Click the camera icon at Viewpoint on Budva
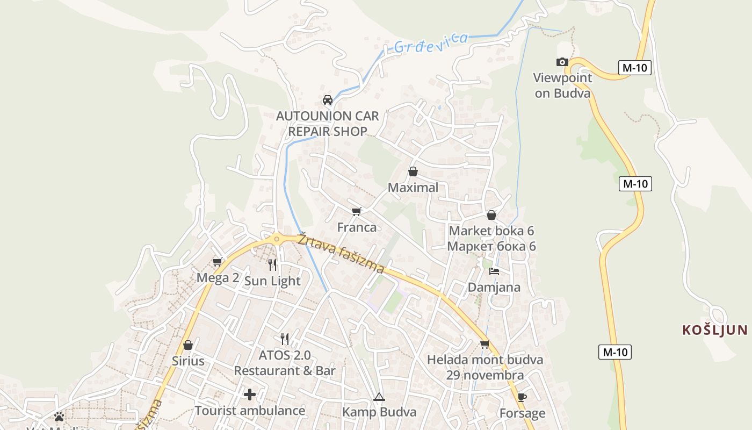[x=562, y=62]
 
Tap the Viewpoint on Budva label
[x=562, y=85]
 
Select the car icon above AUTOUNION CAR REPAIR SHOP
[x=328, y=100]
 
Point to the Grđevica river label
[x=430, y=43]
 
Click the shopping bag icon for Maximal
[x=413, y=171]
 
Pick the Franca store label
[x=357, y=227]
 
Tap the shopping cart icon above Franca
[x=357, y=211]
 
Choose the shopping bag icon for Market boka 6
[x=491, y=215]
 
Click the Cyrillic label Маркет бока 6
[x=491, y=247]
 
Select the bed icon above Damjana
[x=494, y=271]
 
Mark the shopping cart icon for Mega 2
[x=218, y=262]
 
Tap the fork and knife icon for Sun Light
[x=272, y=265]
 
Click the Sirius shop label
[x=188, y=361]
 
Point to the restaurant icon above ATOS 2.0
[x=285, y=339]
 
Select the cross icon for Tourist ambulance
[x=250, y=395]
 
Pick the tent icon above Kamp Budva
[x=379, y=397]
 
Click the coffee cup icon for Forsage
[x=522, y=398]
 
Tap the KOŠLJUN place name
[x=715, y=329]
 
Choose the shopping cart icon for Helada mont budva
[x=485, y=344]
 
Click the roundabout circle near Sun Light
[x=277, y=239]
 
